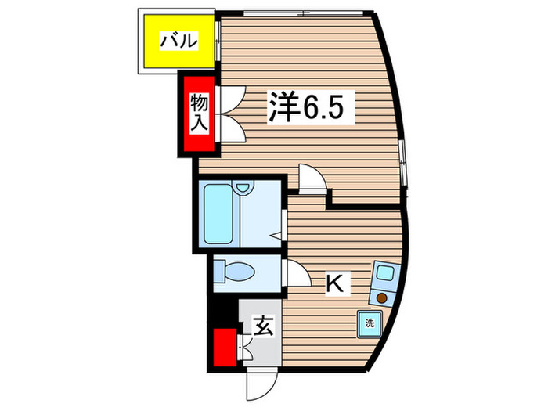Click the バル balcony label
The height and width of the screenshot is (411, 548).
[x=178, y=41]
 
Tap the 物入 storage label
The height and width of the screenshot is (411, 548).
[x=198, y=114]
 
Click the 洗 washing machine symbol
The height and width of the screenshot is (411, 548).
[x=370, y=322]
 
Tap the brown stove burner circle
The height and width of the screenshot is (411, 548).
[x=381, y=297]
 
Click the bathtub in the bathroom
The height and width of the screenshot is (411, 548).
[x=220, y=215]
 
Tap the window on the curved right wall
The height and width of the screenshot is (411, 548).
[x=403, y=164]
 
